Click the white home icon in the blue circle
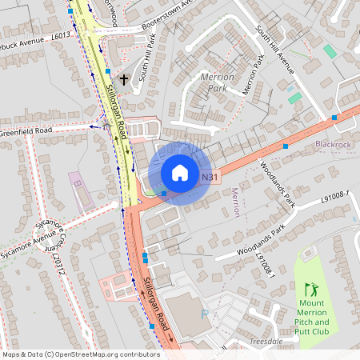(180, 172)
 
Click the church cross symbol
(124, 80)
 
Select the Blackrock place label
(333, 145)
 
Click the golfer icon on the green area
(310, 288)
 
